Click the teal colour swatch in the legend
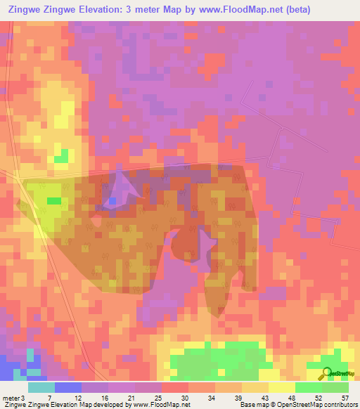pos(41,387)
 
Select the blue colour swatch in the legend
pos(68,387)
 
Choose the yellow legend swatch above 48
pos(281,387)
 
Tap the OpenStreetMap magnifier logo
pos(326,374)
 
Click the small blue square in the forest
pos(112,202)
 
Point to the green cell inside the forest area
pos(54,201)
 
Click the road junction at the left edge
pos(6,173)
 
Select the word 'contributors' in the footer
pos(338,405)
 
